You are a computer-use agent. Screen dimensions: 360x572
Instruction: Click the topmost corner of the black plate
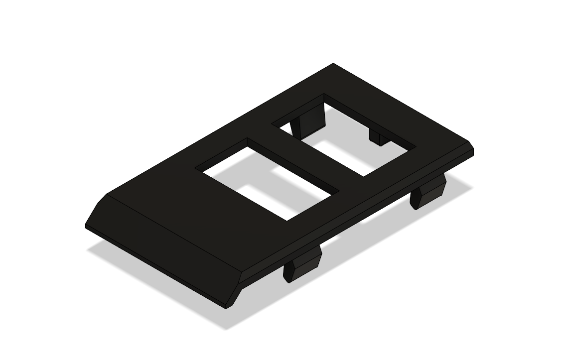(x=333, y=64)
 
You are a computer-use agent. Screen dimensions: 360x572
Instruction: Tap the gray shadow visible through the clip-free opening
(x=259, y=192)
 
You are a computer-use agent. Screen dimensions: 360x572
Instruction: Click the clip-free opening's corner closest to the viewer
(x=287, y=220)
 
